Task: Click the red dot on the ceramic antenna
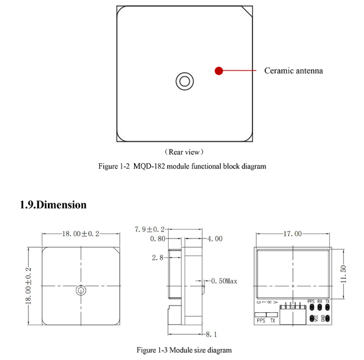[x=218, y=70]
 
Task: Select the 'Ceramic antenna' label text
[x=294, y=70]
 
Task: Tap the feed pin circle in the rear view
[x=184, y=81]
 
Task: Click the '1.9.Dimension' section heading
[x=53, y=204]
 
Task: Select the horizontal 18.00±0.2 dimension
[x=80, y=234]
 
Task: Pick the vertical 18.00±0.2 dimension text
[x=29, y=286]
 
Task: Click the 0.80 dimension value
[x=158, y=239]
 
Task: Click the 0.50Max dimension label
[x=224, y=281]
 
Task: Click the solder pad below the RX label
[x=319, y=308]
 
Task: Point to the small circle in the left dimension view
[x=80, y=290]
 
